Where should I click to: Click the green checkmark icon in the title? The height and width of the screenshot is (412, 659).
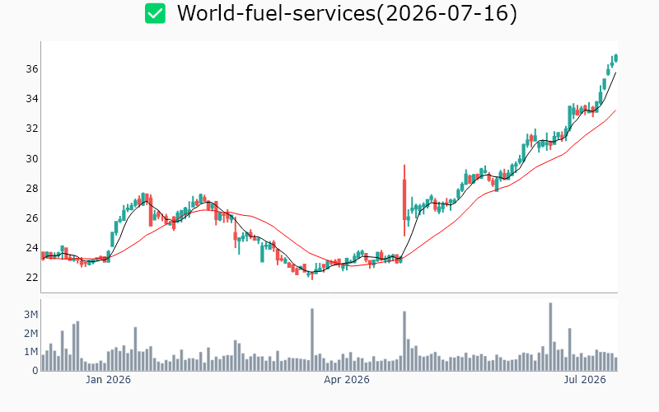pyautogui.click(x=155, y=13)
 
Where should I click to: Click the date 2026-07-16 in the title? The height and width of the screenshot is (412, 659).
pyautogui.click(x=447, y=13)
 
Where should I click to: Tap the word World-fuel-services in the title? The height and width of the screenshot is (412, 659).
pyautogui.click(x=276, y=13)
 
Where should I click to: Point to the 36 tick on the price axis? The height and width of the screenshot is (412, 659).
pyautogui.click(x=32, y=69)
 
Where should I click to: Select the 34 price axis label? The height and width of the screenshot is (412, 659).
pyautogui.click(x=32, y=99)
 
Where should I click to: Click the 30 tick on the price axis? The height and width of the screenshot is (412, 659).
pyautogui.click(x=32, y=158)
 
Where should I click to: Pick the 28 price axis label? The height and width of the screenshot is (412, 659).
pyautogui.click(x=32, y=189)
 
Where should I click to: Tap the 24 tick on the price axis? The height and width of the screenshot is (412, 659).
pyautogui.click(x=32, y=248)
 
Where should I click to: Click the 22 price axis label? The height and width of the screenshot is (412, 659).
pyautogui.click(x=32, y=278)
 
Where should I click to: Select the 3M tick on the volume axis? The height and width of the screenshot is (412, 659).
pyautogui.click(x=30, y=315)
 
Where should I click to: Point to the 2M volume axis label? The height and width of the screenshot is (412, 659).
pyautogui.click(x=30, y=334)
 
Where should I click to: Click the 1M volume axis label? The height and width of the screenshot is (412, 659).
pyautogui.click(x=30, y=352)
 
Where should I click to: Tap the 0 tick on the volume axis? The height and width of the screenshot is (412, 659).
pyautogui.click(x=35, y=370)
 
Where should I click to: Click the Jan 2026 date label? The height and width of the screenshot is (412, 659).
pyautogui.click(x=108, y=380)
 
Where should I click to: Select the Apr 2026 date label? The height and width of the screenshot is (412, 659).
pyautogui.click(x=347, y=380)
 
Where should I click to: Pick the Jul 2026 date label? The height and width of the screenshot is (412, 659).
pyautogui.click(x=585, y=380)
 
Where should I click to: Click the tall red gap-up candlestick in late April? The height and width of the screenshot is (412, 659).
pyautogui.click(x=404, y=200)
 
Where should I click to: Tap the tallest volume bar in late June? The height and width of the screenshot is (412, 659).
pyautogui.click(x=550, y=336)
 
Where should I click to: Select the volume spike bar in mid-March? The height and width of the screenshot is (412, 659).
pyautogui.click(x=312, y=339)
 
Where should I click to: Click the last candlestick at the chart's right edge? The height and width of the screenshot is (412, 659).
pyautogui.click(x=616, y=58)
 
